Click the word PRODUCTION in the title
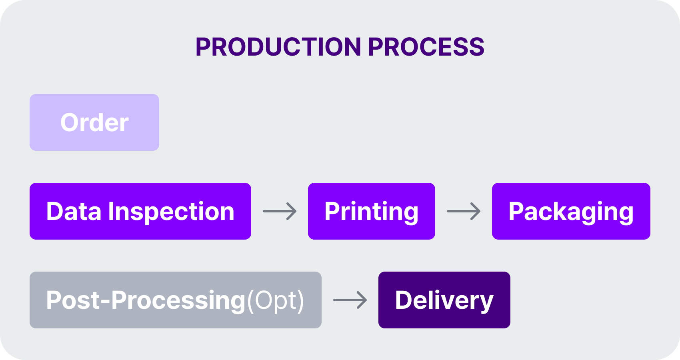coord(278,47)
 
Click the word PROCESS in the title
coord(426,47)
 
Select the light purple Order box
coord(94,122)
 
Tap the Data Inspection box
coord(140,211)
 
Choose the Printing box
coord(372,211)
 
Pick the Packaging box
coord(571,211)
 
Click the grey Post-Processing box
coord(176,300)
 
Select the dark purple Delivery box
coord(444,300)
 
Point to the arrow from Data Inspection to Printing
coord(280,211)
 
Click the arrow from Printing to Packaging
coord(464,211)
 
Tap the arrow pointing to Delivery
coord(350,300)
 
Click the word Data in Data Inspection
coord(74,211)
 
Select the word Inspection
coord(171,212)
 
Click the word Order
coord(94,123)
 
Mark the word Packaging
coord(571,212)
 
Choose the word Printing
coord(372,212)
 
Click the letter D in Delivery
coord(404,300)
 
